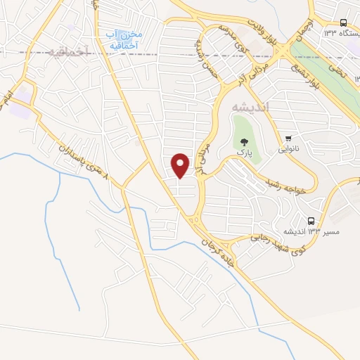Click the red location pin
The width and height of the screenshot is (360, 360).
coord(181,165)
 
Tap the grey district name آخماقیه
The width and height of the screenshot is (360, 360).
coord(70,51)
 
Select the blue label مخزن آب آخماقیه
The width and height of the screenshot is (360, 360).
coord(125,40)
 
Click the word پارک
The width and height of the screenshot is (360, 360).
coord(243,151)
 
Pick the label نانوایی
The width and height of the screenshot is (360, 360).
coord(289,148)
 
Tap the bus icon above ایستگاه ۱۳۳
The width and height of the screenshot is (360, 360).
coord(342,22)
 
